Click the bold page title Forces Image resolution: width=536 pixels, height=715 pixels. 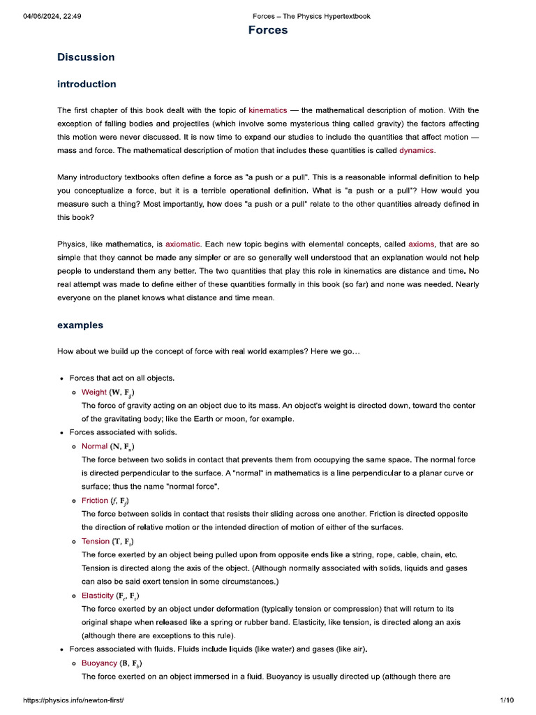(x=268, y=31)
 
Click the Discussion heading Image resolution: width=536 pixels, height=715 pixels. (x=86, y=57)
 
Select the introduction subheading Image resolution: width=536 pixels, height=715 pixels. (x=87, y=84)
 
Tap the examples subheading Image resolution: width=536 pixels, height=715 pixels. (x=80, y=325)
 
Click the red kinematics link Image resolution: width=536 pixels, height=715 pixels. (x=267, y=110)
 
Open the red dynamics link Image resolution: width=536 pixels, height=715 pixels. (x=416, y=150)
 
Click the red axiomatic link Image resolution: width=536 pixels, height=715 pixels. (x=183, y=244)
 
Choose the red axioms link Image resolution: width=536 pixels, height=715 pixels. (x=421, y=244)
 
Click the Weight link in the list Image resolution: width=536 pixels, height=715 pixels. (x=94, y=392)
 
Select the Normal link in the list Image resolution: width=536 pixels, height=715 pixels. (x=94, y=446)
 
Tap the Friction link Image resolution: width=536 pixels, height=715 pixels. (x=95, y=501)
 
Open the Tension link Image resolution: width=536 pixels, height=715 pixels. (x=96, y=541)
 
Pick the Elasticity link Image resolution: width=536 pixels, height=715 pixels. (x=98, y=596)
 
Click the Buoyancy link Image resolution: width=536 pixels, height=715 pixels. (x=99, y=663)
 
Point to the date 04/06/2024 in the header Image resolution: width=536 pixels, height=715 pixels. (x=42, y=16)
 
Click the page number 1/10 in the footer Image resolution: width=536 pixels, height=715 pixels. (x=507, y=700)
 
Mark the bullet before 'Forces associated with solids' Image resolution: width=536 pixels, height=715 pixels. (x=62, y=433)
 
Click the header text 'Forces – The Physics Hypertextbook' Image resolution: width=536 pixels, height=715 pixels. (x=311, y=16)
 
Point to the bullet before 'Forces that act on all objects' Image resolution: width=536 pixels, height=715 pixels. (x=62, y=379)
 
